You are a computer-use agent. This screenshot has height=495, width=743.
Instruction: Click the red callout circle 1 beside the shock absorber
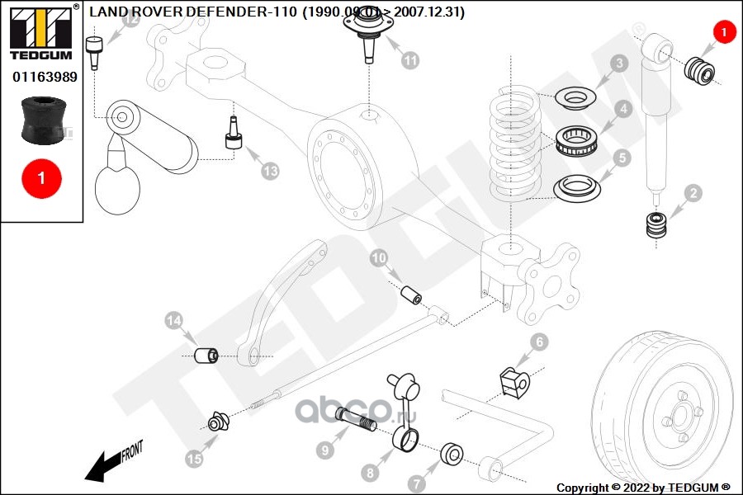tap(722, 32)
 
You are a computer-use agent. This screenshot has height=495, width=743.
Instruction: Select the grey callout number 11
tap(410, 59)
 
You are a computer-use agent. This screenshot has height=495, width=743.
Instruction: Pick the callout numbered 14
tap(173, 320)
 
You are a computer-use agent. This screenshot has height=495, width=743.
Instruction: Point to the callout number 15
tap(194, 459)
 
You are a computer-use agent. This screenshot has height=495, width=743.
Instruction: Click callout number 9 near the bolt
tap(325, 450)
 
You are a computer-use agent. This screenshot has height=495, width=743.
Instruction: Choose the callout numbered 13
tap(270, 171)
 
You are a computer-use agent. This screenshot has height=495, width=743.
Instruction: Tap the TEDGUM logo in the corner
tap(40, 32)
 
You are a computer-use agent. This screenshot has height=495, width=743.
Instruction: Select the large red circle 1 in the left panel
tap(42, 177)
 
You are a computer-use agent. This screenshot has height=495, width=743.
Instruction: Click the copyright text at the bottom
tap(643, 488)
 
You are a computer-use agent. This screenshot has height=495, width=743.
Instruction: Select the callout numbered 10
tap(379, 259)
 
